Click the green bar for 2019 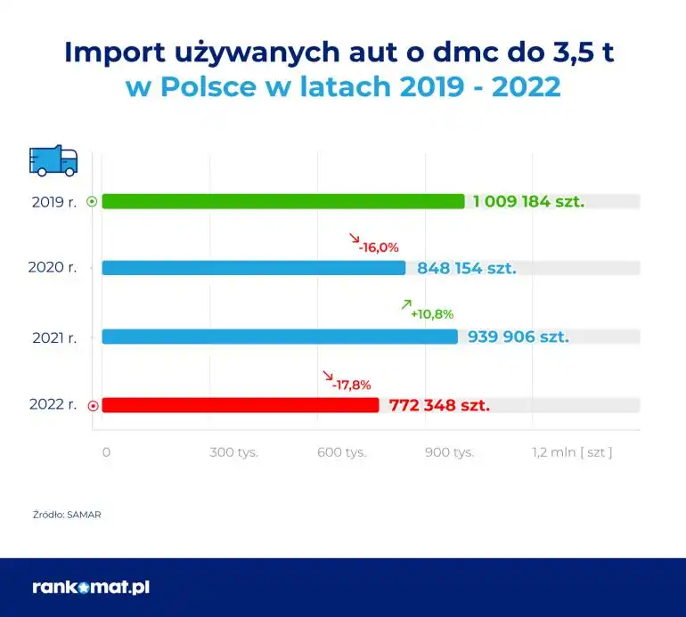pos(283,201)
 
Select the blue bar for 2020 pos(254,267)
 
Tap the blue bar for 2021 pos(280,337)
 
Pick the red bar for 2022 pos(241,405)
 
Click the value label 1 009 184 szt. pos(529,201)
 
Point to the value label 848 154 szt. pos(465,268)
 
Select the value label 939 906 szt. pos(518,337)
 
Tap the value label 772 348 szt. pos(439,405)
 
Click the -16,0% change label pos(379,248)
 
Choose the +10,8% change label pos(432,314)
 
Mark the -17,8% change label pos(351,385)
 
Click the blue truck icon pos(53,160)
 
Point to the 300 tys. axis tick pos(233,452)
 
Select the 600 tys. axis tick pos(342,452)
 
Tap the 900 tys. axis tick pos(449,452)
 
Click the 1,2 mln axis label pos(572,452)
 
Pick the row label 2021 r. pos(52,337)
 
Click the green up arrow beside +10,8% pos(406,304)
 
